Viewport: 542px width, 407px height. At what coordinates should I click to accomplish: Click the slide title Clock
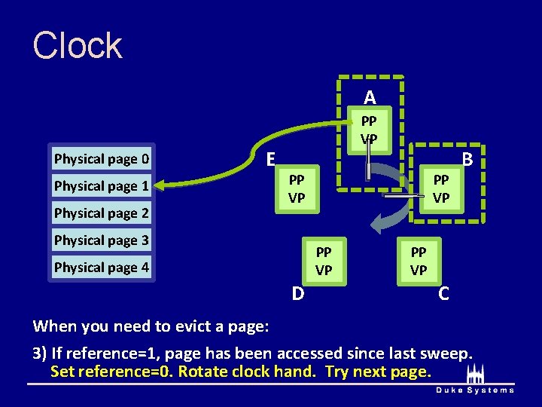(x=78, y=46)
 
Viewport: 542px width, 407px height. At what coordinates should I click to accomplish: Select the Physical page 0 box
(x=102, y=159)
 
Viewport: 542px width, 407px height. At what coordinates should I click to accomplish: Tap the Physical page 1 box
(x=102, y=186)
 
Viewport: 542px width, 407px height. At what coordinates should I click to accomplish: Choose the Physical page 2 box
(x=102, y=213)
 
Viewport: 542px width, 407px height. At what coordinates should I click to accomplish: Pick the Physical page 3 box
(x=102, y=240)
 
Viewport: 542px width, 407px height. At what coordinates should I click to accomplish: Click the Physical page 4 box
(x=102, y=268)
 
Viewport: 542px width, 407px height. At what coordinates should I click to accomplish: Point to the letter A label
(x=370, y=97)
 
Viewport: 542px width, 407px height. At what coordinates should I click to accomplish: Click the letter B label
(x=467, y=160)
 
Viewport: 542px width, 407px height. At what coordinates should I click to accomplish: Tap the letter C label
(x=444, y=293)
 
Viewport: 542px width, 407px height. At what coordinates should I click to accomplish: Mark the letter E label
(x=271, y=158)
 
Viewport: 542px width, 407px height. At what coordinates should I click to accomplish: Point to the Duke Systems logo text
(x=474, y=390)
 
